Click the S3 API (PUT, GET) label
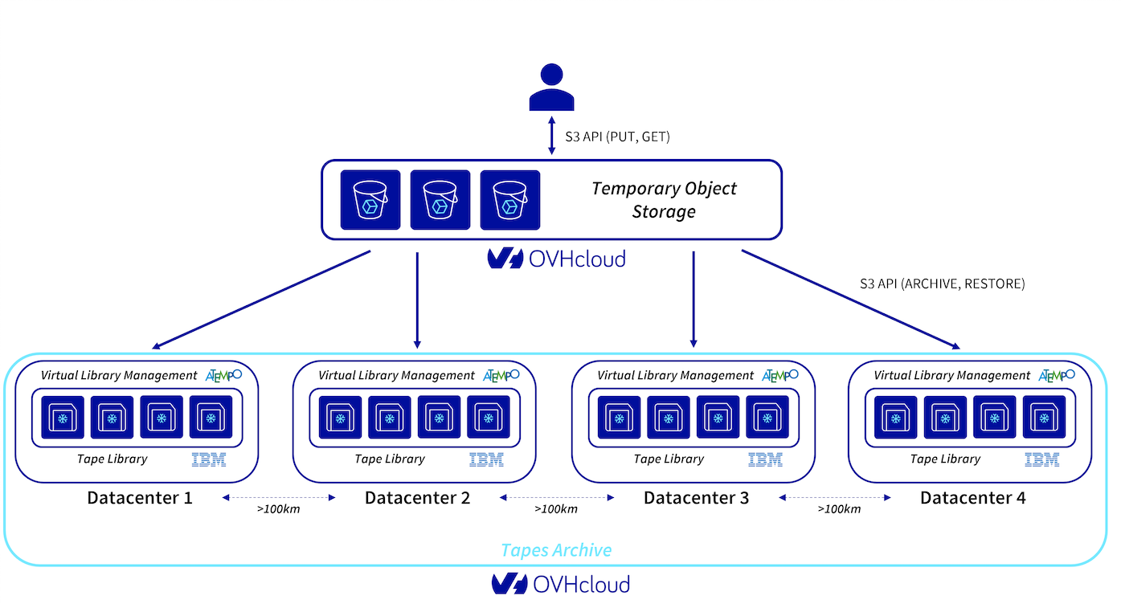click(617, 137)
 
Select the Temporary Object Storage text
click(664, 200)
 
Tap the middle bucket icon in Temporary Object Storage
click(440, 200)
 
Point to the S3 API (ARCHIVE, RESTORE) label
click(942, 284)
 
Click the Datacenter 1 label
click(140, 498)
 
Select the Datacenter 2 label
click(418, 498)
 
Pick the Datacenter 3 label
click(696, 498)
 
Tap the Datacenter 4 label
click(972, 498)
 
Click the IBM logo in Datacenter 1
click(209, 460)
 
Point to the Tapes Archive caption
click(556, 550)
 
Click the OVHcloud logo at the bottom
click(560, 584)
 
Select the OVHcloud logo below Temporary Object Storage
click(556, 259)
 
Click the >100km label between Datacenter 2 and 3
click(556, 509)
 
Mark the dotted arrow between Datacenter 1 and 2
click(278, 498)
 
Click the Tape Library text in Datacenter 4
click(945, 459)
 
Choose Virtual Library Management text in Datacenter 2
click(396, 375)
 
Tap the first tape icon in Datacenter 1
click(62, 417)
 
